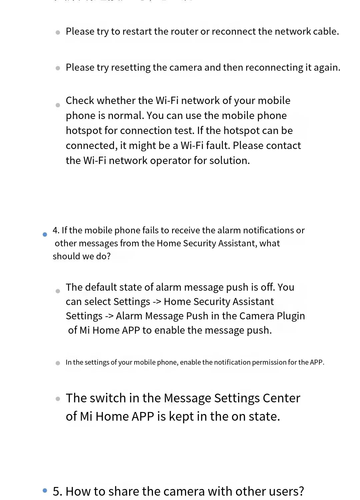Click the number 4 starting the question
point(55,230)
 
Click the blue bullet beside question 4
point(45,235)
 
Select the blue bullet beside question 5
point(45,490)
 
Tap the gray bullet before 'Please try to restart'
point(58,32)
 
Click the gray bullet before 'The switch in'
point(58,399)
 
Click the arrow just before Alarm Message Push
point(109,316)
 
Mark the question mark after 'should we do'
point(108,256)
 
